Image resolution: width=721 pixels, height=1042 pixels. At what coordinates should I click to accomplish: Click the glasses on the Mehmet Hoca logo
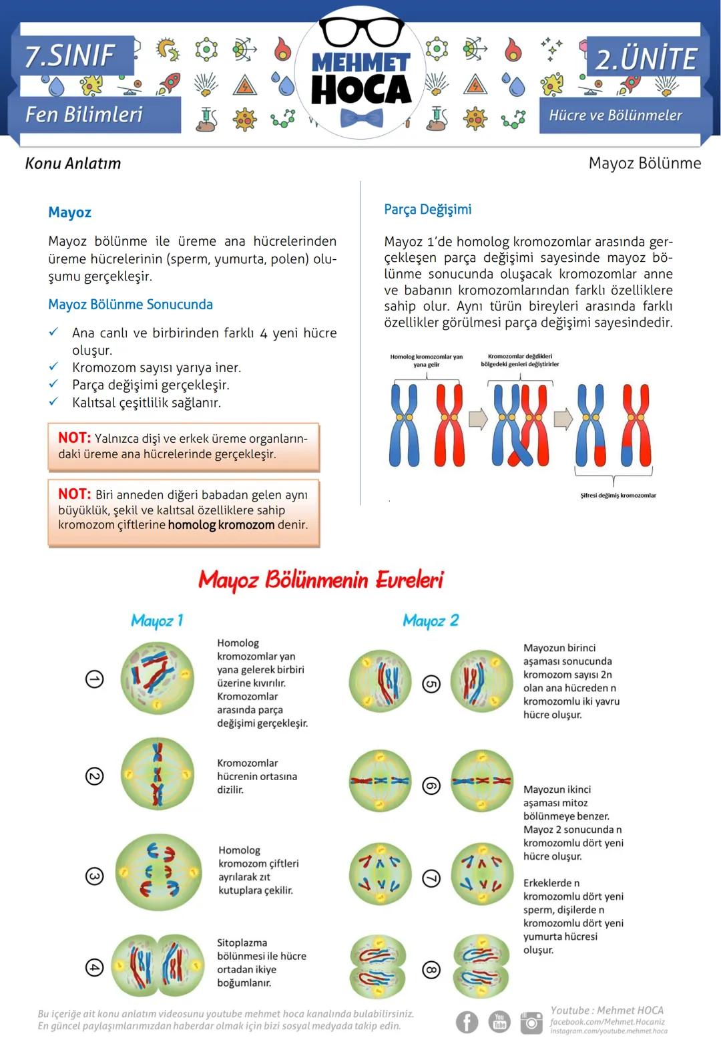(x=360, y=31)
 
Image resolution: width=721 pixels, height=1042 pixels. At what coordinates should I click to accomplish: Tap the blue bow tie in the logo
(x=361, y=118)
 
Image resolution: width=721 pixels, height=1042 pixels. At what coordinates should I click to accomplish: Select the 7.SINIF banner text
(x=70, y=55)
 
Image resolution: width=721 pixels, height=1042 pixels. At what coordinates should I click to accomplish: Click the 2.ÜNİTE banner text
(x=645, y=59)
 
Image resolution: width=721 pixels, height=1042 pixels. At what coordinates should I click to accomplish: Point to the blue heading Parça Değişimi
(x=427, y=209)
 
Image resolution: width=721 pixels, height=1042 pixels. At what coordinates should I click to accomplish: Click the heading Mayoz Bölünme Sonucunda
(x=130, y=305)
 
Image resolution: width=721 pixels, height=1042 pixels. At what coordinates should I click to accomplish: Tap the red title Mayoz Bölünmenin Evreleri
(x=320, y=579)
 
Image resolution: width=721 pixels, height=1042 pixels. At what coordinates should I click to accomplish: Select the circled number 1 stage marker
(x=95, y=679)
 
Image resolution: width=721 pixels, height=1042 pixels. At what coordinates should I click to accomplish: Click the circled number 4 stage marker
(x=95, y=967)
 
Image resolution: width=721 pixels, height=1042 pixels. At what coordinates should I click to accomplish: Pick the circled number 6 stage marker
(x=432, y=786)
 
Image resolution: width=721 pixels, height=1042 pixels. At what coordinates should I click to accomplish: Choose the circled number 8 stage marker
(x=432, y=969)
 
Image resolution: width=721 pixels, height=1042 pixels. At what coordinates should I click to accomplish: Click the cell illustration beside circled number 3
(x=158, y=872)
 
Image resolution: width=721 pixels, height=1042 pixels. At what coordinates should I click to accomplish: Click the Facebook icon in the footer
(x=467, y=1021)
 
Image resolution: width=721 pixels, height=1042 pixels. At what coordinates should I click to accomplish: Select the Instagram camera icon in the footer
(x=531, y=1021)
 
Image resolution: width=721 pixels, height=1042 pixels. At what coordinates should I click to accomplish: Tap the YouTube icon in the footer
(x=499, y=1021)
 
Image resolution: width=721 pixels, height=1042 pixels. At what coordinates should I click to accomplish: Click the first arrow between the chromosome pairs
(x=478, y=419)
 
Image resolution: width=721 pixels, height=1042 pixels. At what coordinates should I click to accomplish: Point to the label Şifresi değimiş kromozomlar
(x=618, y=496)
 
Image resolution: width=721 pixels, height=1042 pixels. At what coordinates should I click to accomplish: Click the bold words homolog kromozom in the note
(x=221, y=525)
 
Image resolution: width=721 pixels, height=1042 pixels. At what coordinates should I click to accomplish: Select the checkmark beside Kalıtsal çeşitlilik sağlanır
(x=53, y=401)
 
